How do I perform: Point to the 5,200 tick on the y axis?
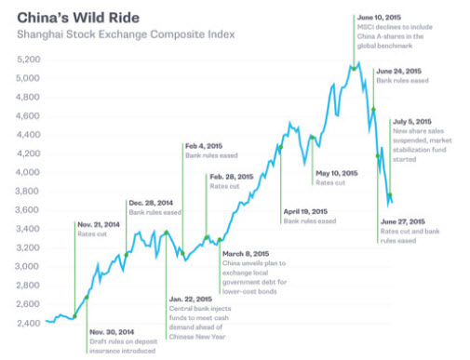[29, 59]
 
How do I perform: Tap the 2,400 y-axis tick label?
[29, 323]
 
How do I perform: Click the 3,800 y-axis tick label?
[29, 191]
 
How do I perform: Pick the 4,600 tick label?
[29, 115]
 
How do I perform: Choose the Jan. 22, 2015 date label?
[193, 299]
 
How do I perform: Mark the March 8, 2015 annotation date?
[244, 253]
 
